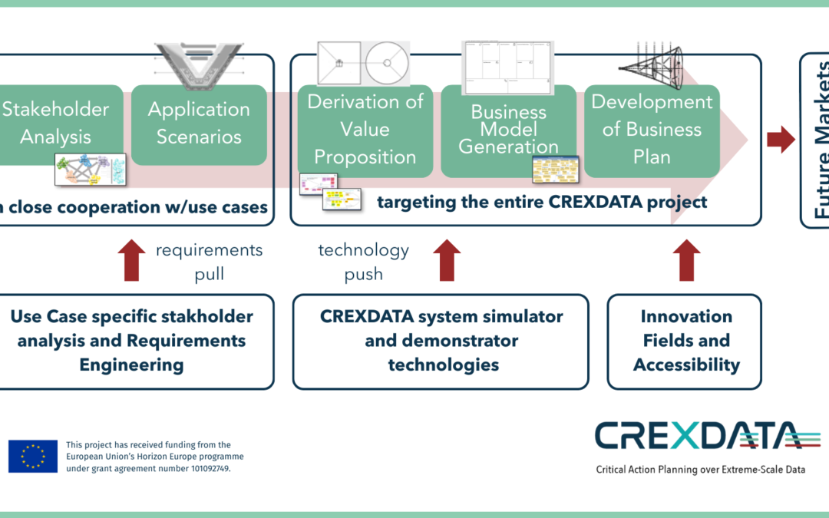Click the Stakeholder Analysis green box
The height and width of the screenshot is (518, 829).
[58, 123]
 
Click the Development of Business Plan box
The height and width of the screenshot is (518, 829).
[652, 129]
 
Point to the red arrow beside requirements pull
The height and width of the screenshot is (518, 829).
[131, 259]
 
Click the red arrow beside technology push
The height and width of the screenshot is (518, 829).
[446, 259]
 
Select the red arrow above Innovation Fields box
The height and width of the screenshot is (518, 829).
[686, 259]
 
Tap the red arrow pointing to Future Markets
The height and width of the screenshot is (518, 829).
[781, 140]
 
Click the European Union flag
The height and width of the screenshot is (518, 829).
[33, 456]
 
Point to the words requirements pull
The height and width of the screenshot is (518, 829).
[209, 262]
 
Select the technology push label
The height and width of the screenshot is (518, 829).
[364, 262]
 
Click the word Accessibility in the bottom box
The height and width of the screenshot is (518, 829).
[685, 365]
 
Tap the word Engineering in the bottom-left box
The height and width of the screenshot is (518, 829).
[131, 365]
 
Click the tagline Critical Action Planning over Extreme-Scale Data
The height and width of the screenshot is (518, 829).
[700, 469]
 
